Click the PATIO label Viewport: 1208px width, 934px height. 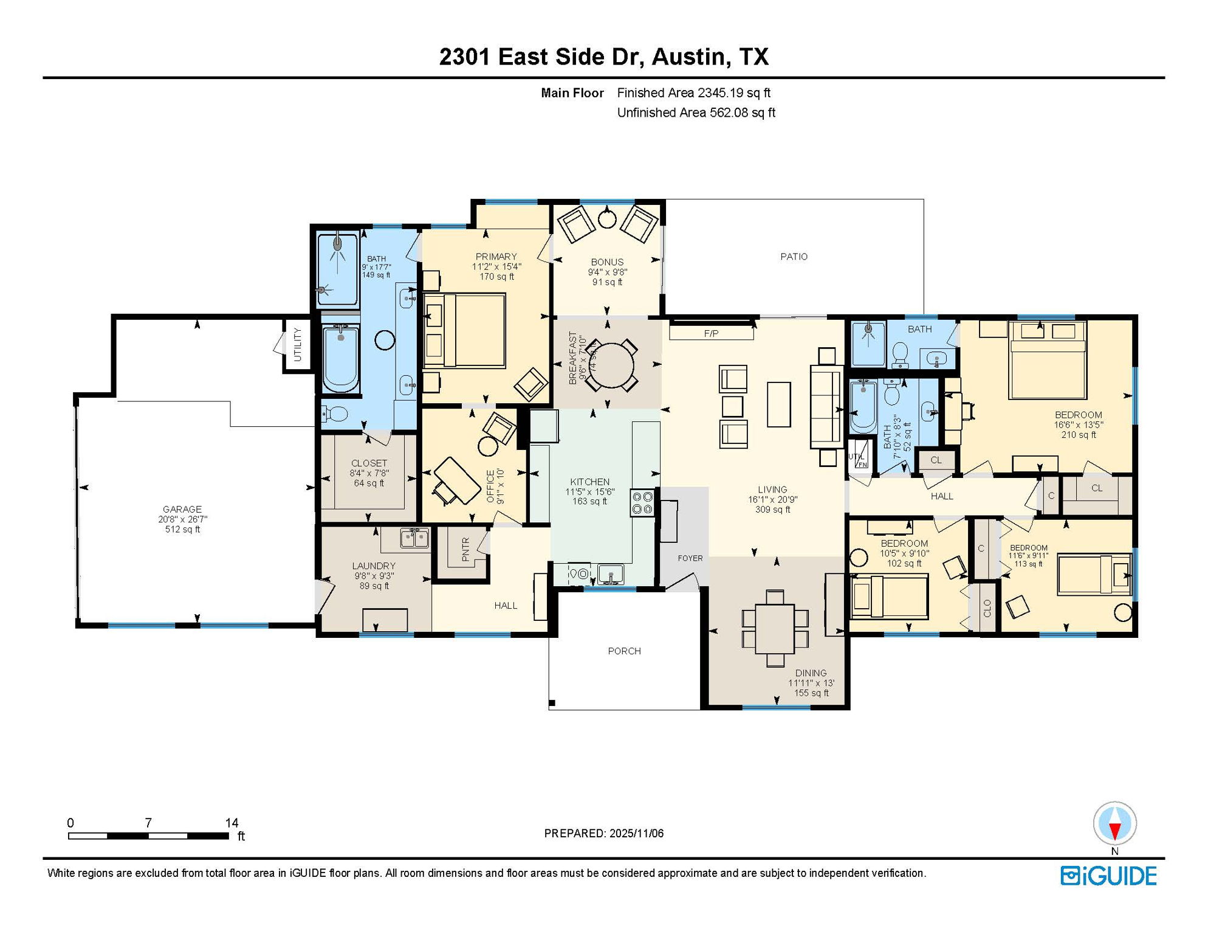tap(794, 257)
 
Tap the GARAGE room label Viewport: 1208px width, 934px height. tap(182, 510)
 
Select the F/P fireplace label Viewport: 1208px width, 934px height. tap(711, 333)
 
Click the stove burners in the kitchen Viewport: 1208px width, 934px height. tap(642, 502)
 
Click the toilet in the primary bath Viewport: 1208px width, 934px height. tap(334, 414)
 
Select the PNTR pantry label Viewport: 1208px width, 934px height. tap(465, 549)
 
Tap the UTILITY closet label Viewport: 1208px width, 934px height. tap(298, 344)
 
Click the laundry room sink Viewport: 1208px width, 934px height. tap(414, 538)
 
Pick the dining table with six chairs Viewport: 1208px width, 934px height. tap(775, 628)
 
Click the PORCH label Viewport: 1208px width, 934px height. tap(624, 651)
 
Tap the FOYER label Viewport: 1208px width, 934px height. tap(690, 558)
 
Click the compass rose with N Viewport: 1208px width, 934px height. tap(1114, 824)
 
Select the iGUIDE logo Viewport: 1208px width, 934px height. tap(1108, 876)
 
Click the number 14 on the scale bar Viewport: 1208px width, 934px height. tap(232, 823)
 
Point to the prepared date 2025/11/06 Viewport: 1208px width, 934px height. tap(603, 834)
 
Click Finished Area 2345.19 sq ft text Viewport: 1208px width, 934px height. tap(693, 93)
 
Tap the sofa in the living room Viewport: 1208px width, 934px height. tap(827, 407)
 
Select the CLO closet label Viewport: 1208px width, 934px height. tap(987, 608)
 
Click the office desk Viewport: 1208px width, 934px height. tap(458, 480)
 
